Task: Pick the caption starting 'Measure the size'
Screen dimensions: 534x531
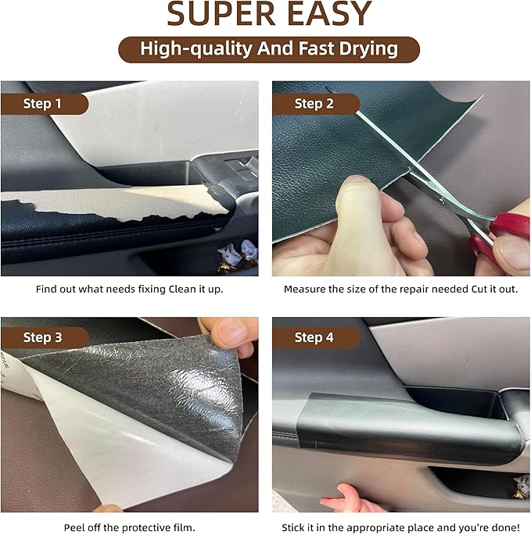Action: (400, 289)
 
